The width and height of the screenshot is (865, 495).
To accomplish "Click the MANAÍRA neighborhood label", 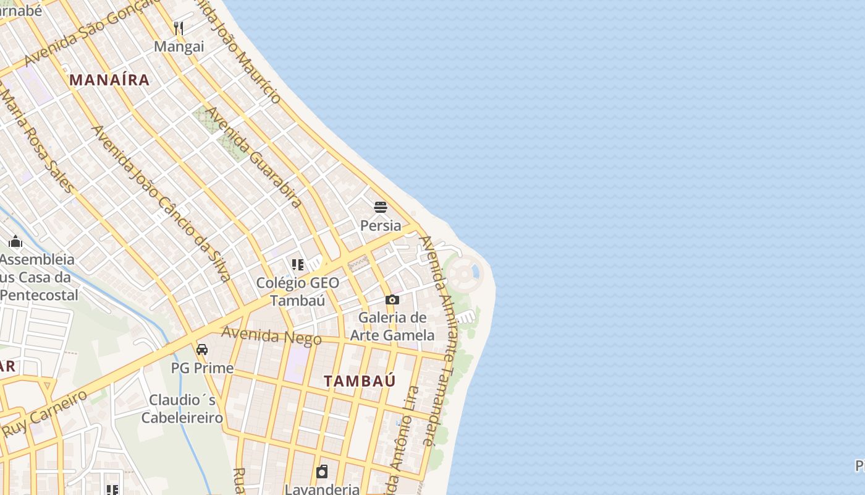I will pos(109,80).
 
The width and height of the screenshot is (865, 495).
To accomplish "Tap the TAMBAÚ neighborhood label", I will pos(360,381).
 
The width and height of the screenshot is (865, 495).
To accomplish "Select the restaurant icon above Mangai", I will pos(179,28).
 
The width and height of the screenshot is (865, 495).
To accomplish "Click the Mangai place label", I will pos(179,46).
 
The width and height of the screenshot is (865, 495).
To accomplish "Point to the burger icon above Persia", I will pos(381,207).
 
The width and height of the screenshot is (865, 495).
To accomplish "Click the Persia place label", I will pos(381,225).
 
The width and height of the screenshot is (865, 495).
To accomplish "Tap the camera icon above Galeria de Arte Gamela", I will pos(392,300).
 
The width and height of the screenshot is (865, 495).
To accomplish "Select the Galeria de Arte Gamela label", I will pos(392,327).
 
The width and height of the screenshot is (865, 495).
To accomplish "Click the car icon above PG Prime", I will pos(202,350).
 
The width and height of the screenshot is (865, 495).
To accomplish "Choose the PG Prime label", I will pos(202,368).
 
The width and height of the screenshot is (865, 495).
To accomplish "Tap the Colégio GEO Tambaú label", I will pos(298,291).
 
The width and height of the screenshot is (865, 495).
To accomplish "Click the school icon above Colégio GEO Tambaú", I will pos(298,265).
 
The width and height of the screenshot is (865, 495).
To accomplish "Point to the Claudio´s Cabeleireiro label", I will pos(182,408).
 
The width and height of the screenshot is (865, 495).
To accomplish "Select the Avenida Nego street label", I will pos(271,336).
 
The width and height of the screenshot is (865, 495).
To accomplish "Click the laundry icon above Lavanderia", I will pos(322,472).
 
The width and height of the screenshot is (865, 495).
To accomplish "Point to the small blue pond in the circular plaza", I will pos(475,271).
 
